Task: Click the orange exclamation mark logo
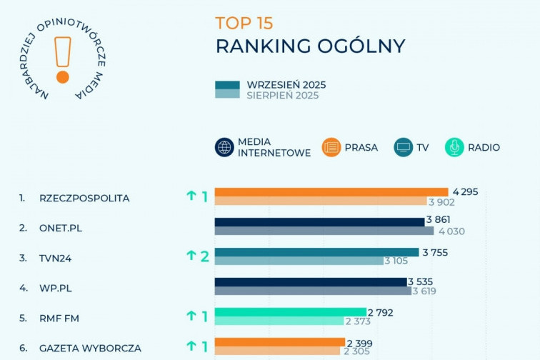pyautogui.click(x=63, y=59)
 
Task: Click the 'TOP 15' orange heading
pyautogui.click(x=244, y=22)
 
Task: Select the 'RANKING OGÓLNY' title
pyautogui.click(x=310, y=46)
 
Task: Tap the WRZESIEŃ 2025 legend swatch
pyautogui.click(x=228, y=85)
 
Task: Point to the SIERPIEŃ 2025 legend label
pyautogui.click(x=282, y=95)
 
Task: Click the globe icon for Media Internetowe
pyautogui.click(x=225, y=147)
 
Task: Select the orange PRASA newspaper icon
pyautogui.click(x=331, y=147)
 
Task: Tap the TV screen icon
pyautogui.click(x=404, y=147)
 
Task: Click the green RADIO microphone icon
pyautogui.click(x=454, y=147)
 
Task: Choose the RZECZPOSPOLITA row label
pyautogui.click(x=84, y=198)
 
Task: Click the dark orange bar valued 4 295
pyautogui.click(x=331, y=191)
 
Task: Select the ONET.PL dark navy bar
pyautogui.click(x=319, y=221)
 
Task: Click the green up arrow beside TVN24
pyautogui.click(x=191, y=256)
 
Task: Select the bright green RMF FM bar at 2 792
pyautogui.click(x=289, y=312)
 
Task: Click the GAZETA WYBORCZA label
pyautogui.click(x=90, y=348)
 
